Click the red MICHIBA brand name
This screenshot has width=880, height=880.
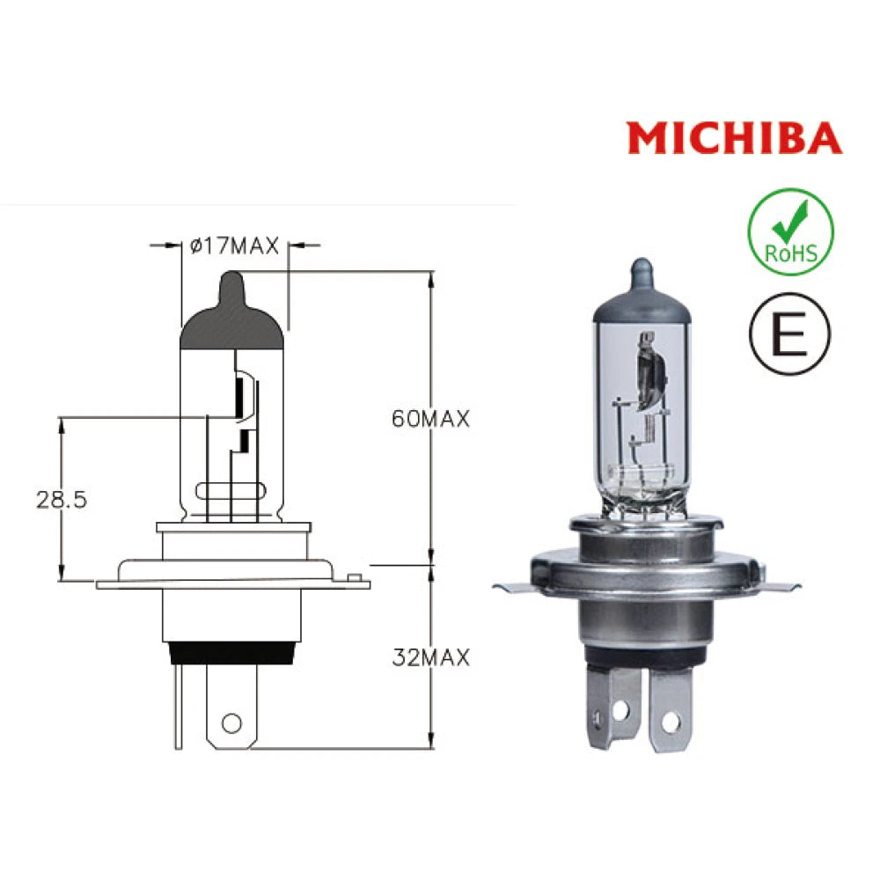734,138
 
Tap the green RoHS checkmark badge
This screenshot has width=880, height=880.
789,232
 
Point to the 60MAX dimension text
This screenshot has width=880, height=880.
430,419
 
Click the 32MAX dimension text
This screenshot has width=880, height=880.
430,656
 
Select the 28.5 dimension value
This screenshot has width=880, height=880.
62,500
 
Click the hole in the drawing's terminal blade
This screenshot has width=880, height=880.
231,722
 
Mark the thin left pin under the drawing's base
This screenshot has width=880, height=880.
179,704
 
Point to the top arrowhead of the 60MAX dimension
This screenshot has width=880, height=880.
430,280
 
